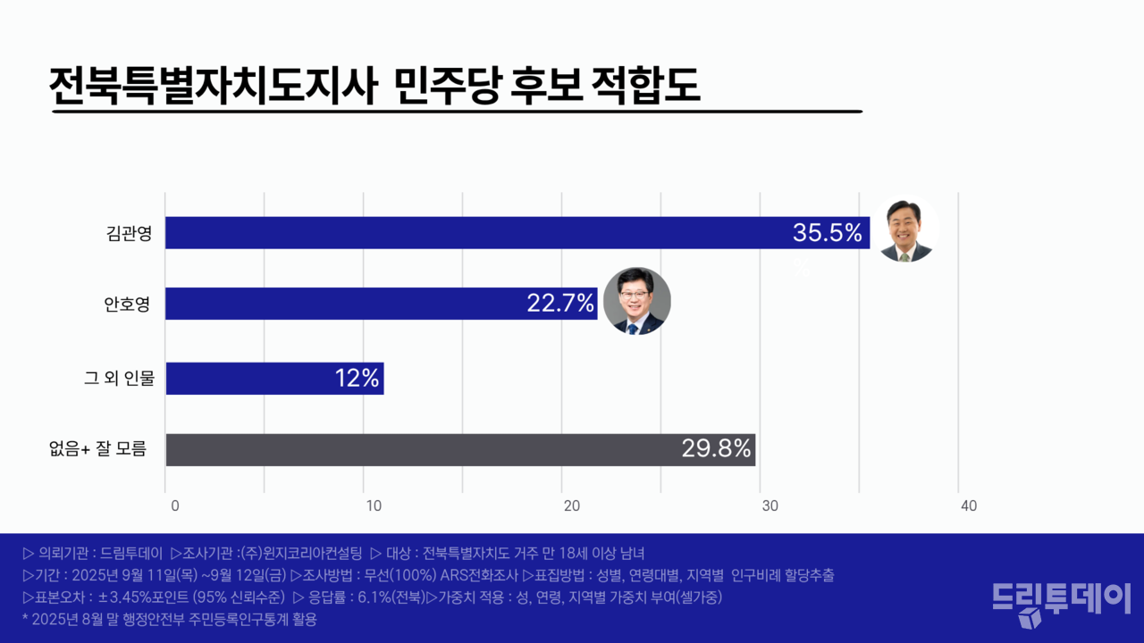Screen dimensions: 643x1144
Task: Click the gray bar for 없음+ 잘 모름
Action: click(420, 449)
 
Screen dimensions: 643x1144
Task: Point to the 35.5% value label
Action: click(828, 233)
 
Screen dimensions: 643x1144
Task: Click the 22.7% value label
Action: click(560, 304)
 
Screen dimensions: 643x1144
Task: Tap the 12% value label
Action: click(357, 378)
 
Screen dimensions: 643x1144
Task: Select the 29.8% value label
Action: click(716, 449)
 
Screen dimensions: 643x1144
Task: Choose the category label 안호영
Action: click(126, 305)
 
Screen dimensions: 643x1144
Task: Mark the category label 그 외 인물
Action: click(119, 379)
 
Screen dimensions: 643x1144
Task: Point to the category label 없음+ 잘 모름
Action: click(98, 449)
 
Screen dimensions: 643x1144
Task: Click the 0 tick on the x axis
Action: click(174, 506)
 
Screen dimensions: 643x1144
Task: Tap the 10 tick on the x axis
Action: click(374, 506)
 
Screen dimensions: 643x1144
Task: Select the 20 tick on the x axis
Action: click(572, 506)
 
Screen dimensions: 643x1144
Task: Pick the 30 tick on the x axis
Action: click(770, 506)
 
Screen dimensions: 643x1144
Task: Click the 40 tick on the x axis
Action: click(968, 506)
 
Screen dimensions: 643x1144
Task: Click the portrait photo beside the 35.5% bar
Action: click(905, 230)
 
